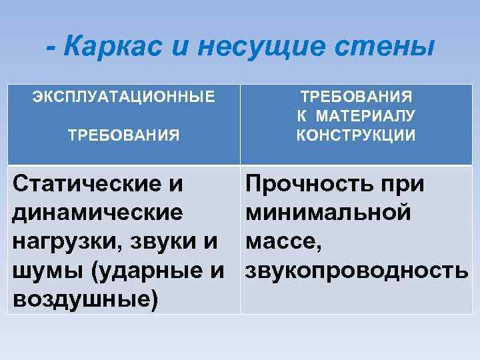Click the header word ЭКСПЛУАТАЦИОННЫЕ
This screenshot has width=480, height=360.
point(124,96)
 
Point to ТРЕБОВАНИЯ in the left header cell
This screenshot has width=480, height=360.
point(124,135)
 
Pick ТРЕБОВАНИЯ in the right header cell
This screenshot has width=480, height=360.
point(356,96)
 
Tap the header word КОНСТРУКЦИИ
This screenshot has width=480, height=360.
point(356,135)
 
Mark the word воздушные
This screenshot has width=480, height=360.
point(83,300)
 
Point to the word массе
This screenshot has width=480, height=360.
point(283,243)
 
